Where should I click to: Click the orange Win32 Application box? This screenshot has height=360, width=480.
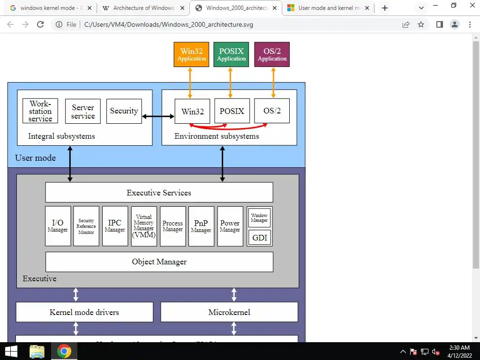coord(191,54)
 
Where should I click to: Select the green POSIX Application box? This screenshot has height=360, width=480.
coord(231,54)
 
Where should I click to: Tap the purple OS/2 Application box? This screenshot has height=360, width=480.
coord(272,54)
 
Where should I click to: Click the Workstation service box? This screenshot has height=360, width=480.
coord(40,111)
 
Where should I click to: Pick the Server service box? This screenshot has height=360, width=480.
coord(83,111)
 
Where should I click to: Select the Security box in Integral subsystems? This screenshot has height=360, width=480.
coord(124,111)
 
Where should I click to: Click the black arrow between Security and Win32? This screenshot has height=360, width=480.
coord(158,116)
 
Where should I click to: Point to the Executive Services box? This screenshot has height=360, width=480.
coord(159,193)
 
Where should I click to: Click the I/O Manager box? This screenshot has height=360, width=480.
coord(58,226)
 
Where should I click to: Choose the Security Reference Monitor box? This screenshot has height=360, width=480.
coord(86,226)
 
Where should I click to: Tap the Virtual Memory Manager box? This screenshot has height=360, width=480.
coord(144,226)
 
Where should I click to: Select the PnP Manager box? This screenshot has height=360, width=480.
coord(201,226)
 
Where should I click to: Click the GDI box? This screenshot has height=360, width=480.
coord(259,238)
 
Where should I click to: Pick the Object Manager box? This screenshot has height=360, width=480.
coord(159,262)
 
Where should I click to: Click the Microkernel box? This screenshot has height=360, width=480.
coord(229,312)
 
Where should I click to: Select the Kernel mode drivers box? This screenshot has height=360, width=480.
coord(84,312)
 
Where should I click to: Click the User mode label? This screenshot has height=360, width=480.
coord(36,158)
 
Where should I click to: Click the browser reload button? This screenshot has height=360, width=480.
coord(40,24)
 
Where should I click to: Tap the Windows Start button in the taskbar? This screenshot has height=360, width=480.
coord(11,351)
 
